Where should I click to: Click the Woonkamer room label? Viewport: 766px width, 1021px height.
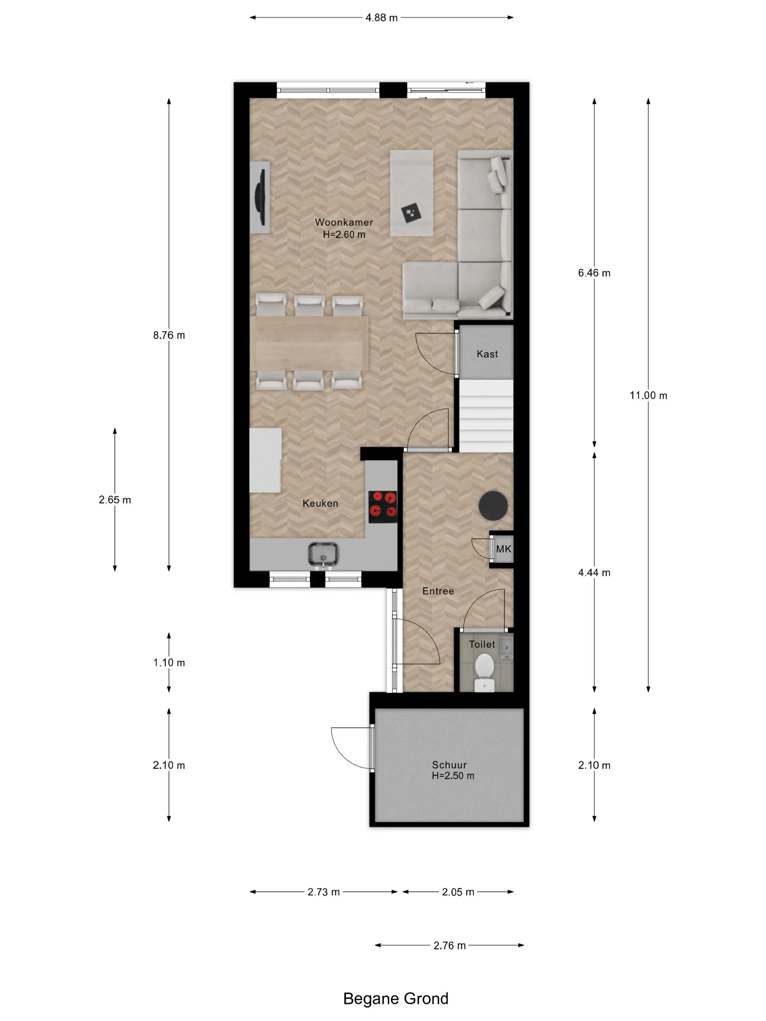click(344, 222)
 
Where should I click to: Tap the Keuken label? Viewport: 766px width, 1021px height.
click(320, 504)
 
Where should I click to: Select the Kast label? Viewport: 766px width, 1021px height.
click(487, 354)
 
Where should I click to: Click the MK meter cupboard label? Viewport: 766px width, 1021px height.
click(504, 549)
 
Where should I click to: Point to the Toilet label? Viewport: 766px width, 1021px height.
click(482, 644)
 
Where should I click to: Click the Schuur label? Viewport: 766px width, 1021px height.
click(449, 765)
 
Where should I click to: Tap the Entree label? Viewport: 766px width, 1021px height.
click(438, 591)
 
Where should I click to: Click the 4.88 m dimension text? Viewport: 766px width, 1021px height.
click(382, 18)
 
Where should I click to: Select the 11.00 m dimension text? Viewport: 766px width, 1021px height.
click(648, 396)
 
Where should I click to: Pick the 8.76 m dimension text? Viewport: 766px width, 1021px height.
click(169, 335)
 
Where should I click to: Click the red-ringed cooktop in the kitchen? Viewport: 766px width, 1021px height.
click(383, 506)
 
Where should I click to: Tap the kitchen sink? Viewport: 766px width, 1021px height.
click(323, 554)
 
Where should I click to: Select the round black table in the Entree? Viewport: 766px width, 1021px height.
click(493, 505)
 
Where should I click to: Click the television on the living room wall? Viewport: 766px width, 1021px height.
click(261, 198)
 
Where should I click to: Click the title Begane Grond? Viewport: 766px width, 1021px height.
click(396, 998)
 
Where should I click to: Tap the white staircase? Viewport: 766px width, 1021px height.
click(486, 415)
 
